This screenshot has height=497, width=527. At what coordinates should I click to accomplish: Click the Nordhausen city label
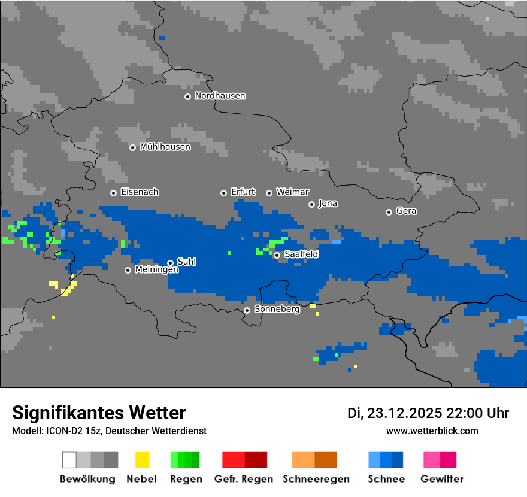[220, 96]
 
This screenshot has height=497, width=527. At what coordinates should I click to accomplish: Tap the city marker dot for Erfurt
[223, 193]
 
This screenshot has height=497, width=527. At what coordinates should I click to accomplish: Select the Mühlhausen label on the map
[165, 147]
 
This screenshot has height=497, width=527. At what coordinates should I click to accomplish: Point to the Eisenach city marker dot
[113, 193]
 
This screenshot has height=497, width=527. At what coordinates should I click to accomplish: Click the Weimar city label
[292, 192]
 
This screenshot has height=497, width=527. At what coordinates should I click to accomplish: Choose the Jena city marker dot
[311, 204]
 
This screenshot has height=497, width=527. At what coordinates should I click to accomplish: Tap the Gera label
[406, 211]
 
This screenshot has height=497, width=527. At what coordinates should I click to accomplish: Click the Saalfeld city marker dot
[277, 255]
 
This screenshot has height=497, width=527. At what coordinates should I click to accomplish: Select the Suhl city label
[186, 262]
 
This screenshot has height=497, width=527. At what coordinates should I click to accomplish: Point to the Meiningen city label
[156, 270]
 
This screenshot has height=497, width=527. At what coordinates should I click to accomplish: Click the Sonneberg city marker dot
[247, 310]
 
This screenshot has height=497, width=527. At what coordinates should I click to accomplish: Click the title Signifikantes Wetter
[99, 413]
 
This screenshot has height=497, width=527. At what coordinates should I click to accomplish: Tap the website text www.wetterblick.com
[432, 431]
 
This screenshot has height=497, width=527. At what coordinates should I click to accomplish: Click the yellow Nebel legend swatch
[142, 460]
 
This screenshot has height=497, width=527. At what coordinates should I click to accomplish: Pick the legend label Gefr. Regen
[244, 479]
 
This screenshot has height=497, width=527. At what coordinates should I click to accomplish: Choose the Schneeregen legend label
[316, 479]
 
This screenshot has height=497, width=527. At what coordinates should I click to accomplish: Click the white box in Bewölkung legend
[69, 460]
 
